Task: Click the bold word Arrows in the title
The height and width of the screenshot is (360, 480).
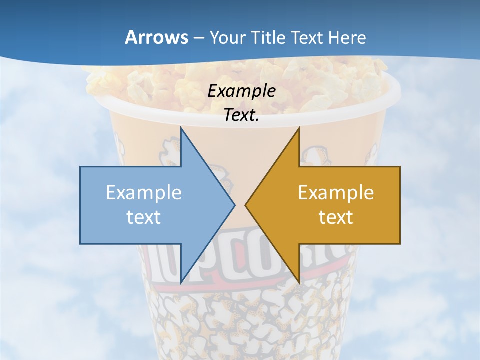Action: point(156,37)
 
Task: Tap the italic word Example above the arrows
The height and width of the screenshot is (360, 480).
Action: point(242,91)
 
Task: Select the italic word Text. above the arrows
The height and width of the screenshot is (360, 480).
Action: point(242,115)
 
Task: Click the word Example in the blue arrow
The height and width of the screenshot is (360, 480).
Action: point(144,193)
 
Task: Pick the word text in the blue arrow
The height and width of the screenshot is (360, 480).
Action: point(144,217)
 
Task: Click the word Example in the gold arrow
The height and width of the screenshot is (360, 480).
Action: point(336,193)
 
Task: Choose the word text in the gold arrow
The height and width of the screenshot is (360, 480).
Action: point(336,217)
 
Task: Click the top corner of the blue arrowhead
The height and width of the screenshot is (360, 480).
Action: point(181,128)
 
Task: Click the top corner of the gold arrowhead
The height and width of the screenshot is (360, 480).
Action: point(299,128)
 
